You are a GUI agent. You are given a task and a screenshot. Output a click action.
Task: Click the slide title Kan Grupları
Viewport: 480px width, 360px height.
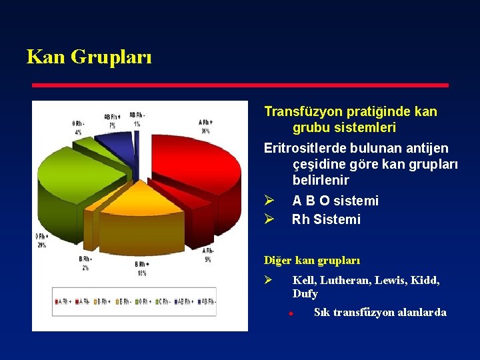click(x=89, y=57)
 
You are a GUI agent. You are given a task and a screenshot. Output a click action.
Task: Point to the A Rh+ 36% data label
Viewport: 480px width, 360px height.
click(x=205, y=126)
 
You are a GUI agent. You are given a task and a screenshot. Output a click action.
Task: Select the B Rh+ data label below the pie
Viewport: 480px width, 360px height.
click(x=142, y=268)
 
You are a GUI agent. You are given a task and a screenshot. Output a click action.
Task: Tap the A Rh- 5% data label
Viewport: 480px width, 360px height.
click(x=207, y=255)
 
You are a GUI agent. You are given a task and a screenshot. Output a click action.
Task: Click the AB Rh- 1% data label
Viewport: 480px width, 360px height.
click(x=137, y=119)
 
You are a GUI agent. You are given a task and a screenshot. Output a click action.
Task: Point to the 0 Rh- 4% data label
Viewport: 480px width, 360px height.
click(x=78, y=127)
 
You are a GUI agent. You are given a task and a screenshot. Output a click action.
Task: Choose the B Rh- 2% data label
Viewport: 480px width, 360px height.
click(x=85, y=263)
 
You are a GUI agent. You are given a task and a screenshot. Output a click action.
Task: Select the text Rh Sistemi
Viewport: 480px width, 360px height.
click(x=326, y=219)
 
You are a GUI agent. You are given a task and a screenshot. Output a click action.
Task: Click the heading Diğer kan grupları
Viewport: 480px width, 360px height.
click(x=311, y=260)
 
